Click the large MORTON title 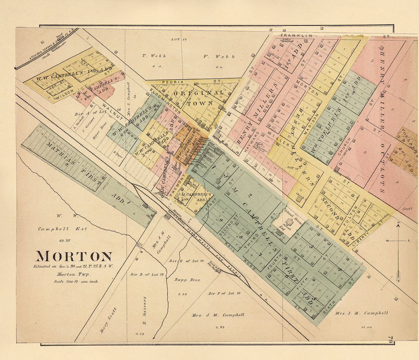click(74, 256)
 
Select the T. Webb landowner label click(154, 56)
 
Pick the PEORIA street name click(170, 82)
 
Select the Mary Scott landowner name click(108, 320)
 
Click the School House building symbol click(289, 221)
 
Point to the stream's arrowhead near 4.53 click(154, 338)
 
